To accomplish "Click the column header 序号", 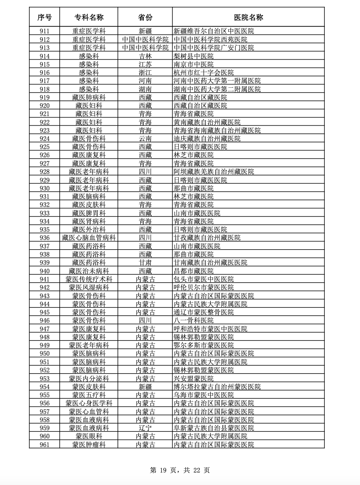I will tap(44, 17).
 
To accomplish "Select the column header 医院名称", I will tap(249, 17).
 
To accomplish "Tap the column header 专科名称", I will tap(89, 17).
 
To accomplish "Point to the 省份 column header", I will tap(145, 17).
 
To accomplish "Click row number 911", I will tap(44, 31).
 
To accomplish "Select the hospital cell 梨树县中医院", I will tap(193, 56).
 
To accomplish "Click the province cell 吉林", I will tap(145, 56).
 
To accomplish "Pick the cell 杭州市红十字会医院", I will tap(204, 72).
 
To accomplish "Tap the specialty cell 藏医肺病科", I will tap(89, 97).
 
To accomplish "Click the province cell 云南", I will tap(145, 138).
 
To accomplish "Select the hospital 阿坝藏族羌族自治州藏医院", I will tap(214, 171).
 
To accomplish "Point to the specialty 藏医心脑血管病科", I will tap(89, 238).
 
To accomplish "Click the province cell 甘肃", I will tap(145, 263).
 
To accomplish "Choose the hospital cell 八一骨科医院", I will tap(193, 321).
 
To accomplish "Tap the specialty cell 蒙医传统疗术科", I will tap(89, 279).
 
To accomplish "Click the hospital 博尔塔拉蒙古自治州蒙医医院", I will tap(217, 387).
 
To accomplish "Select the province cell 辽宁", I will tap(145, 428).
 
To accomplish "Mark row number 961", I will tap(44, 445).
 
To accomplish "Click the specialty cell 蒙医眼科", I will tap(89, 436).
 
